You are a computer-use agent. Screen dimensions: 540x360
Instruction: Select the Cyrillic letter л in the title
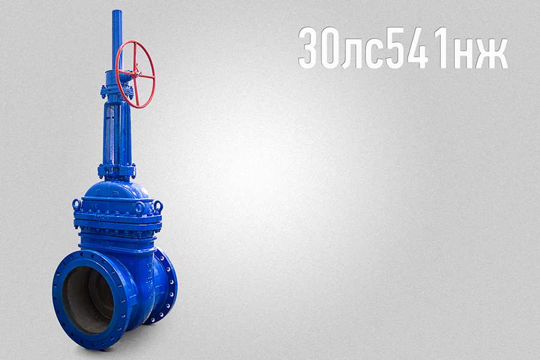point(353,53)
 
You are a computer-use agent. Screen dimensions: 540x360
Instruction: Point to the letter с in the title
point(374,53)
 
